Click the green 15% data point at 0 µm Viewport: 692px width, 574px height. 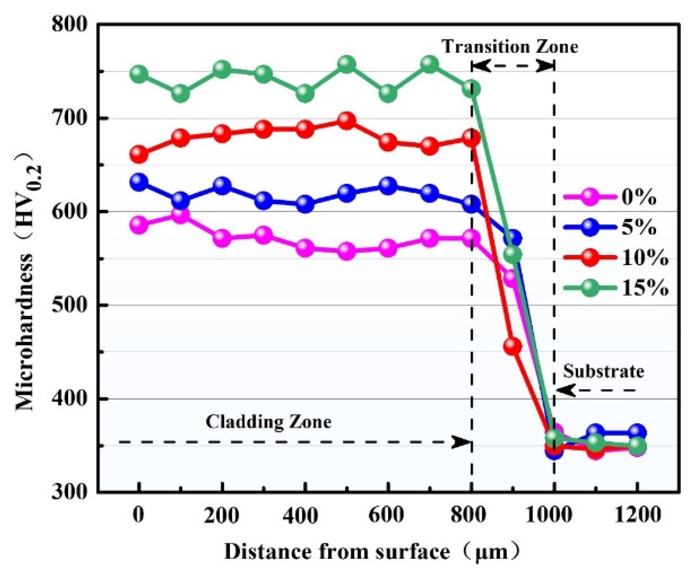point(139,74)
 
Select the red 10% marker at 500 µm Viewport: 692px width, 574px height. point(346,121)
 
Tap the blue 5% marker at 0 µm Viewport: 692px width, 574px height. point(139,182)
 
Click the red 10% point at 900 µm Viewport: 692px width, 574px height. point(513,346)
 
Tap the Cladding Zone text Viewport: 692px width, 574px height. point(269,422)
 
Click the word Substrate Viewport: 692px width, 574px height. point(603,371)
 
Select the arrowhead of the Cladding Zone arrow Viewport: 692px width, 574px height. point(461,442)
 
